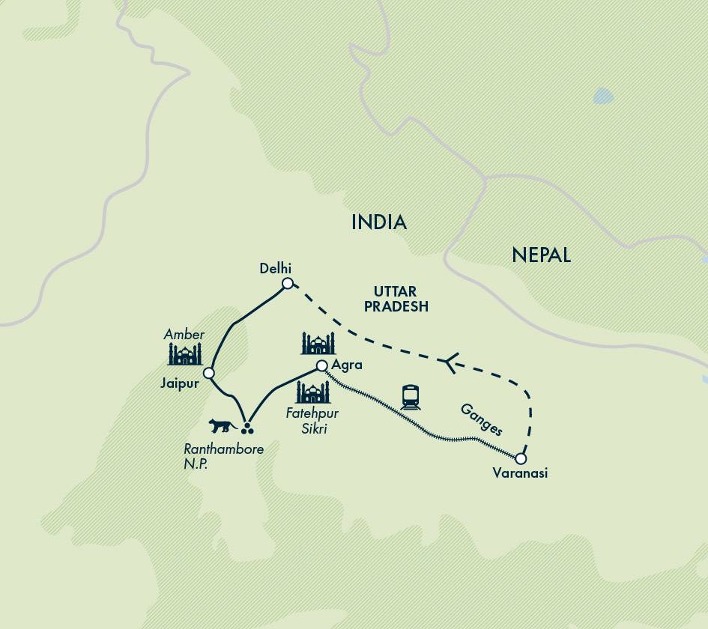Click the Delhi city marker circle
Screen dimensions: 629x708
pyautogui.click(x=288, y=283)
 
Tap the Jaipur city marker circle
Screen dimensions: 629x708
pyautogui.click(x=209, y=373)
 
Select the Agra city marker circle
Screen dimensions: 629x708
pyautogui.click(x=321, y=365)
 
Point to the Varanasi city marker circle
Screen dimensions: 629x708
pyautogui.click(x=521, y=458)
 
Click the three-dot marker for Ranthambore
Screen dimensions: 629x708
pyautogui.click(x=248, y=429)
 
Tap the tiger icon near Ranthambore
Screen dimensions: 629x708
pyautogui.click(x=223, y=426)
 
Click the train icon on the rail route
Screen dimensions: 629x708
pyautogui.click(x=411, y=397)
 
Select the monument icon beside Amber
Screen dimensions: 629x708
pyautogui.click(x=185, y=354)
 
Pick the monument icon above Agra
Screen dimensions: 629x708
pyautogui.click(x=318, y=344)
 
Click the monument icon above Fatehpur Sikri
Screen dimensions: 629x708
pyautogui.click(x=313, y=392)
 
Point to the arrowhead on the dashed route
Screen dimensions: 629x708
pyautogui.click(x=447, y=364)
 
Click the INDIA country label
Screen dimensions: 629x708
pyautogui.click(x=379, y=222)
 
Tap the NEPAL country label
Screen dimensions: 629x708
pyautogui.click(x=541, y=255)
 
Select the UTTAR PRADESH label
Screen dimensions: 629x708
pyautogui.click(x=402, y=299)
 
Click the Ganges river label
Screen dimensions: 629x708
pyautogui.click(x=481, y=419)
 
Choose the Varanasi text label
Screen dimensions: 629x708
pyautogui.click(x=520, y=473)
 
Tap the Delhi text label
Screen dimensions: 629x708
pyautogui.click(x=275, y=268)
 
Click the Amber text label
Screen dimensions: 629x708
pyautogui.click(x=184, y=334)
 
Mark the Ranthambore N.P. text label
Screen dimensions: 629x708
pyautogui.click(x=223, y=455)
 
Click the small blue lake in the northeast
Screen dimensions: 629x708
pyautogui.click(x=602, y=96)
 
